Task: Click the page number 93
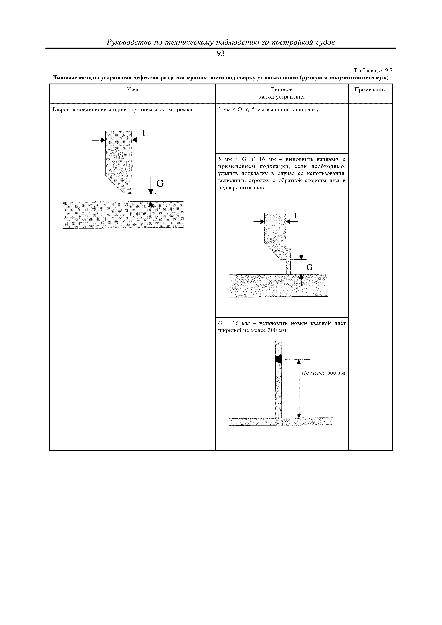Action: [x=220, y=54]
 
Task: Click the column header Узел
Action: [x=133, y=90]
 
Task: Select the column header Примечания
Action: [x=370, y=90]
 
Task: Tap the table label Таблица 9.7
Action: [x=373, y=71]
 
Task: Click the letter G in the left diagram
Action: [x=160, y=184]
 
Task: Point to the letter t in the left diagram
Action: [x=144, y=133]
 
